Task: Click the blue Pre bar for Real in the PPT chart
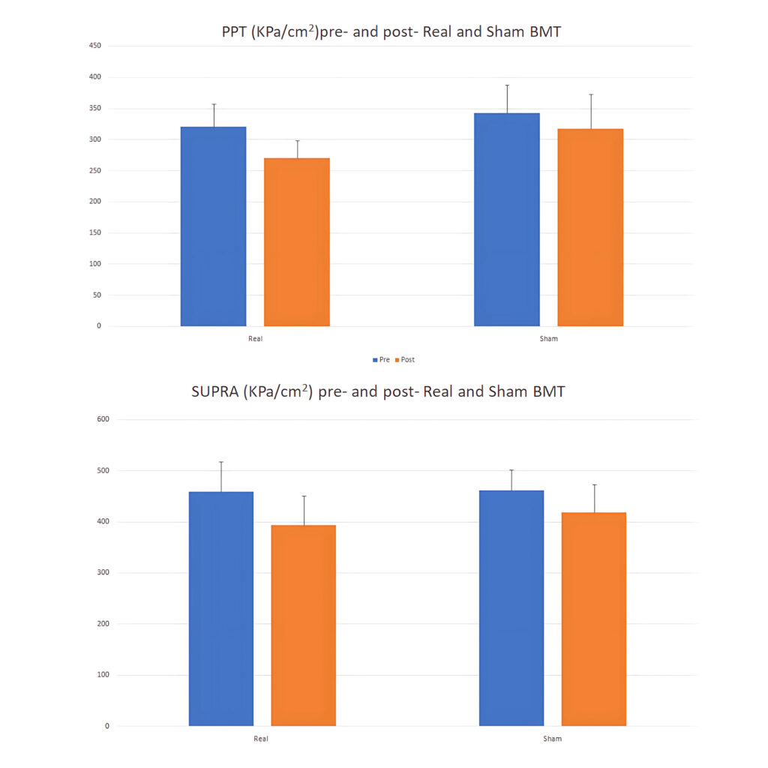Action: tap(213, 226)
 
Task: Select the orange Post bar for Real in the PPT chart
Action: tap(297, 242)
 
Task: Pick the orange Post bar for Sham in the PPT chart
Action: tap(590, 228)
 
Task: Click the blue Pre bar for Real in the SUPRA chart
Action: tap(221, 609)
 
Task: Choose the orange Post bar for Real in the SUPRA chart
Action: tap(304, 625)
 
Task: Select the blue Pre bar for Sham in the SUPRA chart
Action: tap(511, 608)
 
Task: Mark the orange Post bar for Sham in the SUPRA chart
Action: tap(594, 619)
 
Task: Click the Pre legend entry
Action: tap(381, 360)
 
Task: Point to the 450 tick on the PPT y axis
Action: tap(94, 46)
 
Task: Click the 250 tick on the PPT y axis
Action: tap(94, 170)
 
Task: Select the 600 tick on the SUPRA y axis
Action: tap(103, 419)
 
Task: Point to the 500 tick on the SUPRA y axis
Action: tap(103, 470)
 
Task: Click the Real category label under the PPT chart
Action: tap(256, 339)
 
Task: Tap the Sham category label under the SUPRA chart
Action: tap(551, 739)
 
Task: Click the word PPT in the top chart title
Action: tap(235, 32)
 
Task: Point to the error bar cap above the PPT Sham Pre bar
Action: tap(507, 85)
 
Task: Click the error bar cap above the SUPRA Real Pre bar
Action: tap(221, 462)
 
